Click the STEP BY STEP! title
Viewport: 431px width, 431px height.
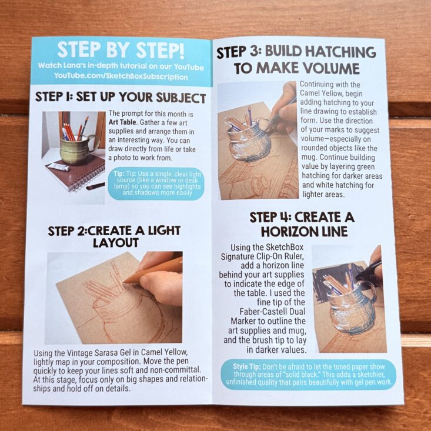(x=121, y=50)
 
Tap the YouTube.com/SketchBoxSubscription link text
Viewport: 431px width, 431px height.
(x=121, y=76)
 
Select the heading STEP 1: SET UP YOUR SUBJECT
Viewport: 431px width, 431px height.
(x=121, y=97)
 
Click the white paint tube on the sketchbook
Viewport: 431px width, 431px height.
(x=58, y=166)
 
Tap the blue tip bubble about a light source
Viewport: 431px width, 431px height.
(x=156, y=183)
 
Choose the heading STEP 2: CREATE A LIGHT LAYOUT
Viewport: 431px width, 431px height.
(x=114, y=236)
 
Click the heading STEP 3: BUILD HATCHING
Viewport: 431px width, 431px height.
(x=296, y=52)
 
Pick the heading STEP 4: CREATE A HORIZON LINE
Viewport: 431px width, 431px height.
(x=302, y=224)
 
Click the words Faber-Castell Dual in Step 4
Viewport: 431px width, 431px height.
(x=272, y=312)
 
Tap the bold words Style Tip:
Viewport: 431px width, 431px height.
(x=246, y=366)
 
